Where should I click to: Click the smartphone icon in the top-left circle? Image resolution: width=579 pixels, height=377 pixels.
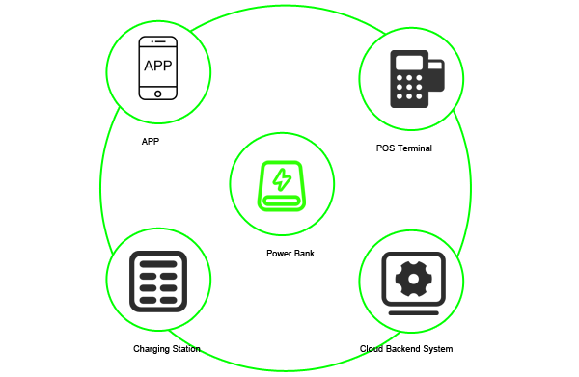tap(159, 67)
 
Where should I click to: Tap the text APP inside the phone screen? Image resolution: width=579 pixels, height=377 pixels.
tap(159, 66)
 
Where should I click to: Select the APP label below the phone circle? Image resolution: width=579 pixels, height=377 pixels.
tap(150, 141)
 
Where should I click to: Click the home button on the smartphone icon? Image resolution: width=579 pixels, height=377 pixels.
tap(159, 94)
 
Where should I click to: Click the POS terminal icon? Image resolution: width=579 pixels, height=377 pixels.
tap(416, 78)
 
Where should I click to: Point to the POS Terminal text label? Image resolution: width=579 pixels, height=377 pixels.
tap(403, 148)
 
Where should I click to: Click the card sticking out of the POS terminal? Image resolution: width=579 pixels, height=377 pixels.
tap(436, 75)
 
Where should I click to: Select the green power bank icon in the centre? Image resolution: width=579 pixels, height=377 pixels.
tap(281, 183)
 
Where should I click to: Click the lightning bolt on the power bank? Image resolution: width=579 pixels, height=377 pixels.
tap(282, 179)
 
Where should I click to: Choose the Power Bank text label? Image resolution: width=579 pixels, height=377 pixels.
tap(290, 254)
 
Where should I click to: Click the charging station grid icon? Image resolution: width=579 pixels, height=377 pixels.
tap(156, 281)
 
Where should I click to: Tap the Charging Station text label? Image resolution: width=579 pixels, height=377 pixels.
tap(166, 348)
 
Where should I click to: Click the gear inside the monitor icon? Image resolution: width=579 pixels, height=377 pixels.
tap(413, 279)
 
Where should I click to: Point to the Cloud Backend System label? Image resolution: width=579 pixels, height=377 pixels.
tap(405, 348)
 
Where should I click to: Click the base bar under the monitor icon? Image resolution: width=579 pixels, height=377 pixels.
tap(413, 313)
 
